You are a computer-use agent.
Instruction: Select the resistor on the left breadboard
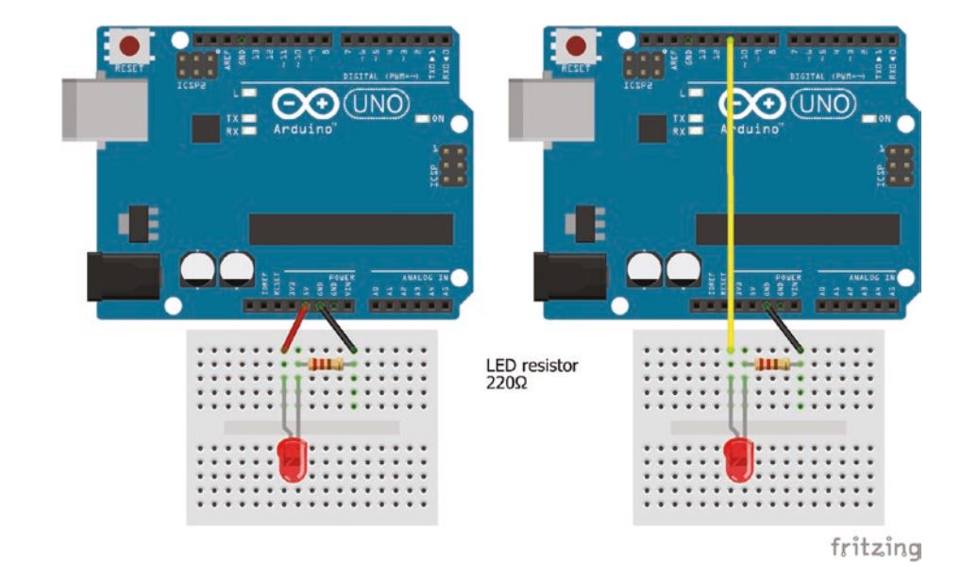coord(327,364)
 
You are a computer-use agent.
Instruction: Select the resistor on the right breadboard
coord(772,364)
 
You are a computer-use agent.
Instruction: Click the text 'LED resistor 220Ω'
coord(531,373)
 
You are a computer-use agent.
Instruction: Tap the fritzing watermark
coord(875,547)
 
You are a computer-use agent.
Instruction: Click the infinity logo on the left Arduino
coord(302,103)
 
